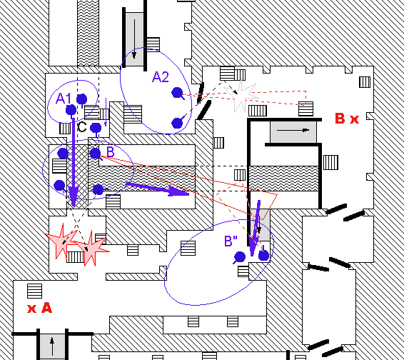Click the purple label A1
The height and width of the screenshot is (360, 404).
63,99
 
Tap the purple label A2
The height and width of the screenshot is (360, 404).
161,77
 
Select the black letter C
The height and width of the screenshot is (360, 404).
81,127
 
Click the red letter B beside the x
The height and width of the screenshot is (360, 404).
340,119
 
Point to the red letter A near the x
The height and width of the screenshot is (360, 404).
47,308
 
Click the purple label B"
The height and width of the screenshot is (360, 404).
231,241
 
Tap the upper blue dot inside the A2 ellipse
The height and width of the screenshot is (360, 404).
177,93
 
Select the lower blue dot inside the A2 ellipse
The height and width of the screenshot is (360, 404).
177,124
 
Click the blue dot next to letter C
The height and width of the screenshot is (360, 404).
96,128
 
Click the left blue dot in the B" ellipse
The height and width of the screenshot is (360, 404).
240,256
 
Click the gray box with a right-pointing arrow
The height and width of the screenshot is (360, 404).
293,132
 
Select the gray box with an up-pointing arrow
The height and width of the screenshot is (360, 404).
52,347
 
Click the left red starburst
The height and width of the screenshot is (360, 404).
61,241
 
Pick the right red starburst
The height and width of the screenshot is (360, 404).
91,249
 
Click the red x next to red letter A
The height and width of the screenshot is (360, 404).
31,309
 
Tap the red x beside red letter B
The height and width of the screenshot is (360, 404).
355,119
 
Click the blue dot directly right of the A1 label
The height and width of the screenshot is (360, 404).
82,99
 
